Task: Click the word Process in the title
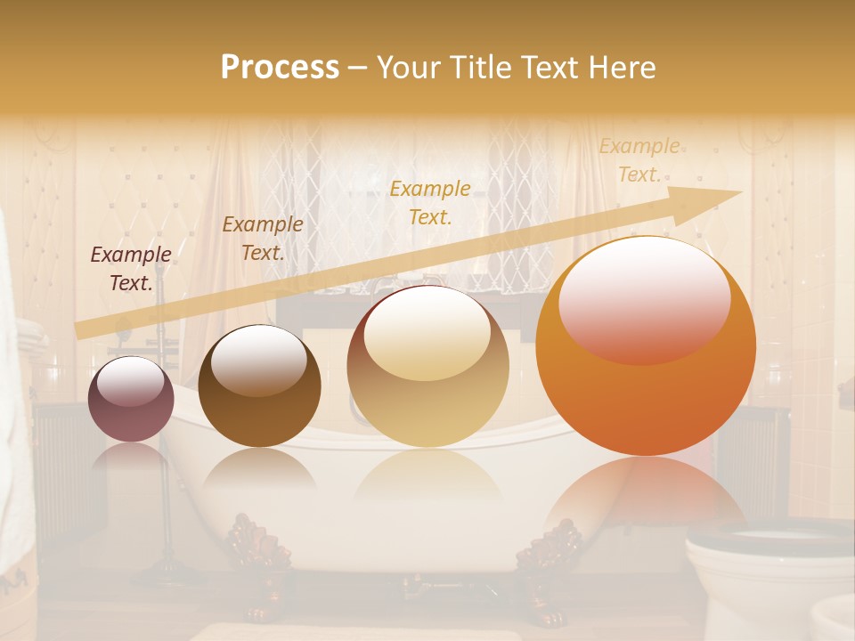tap(280, 68)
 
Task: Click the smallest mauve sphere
tap(130, 399)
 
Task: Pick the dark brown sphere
tap(259, 386)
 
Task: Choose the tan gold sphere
tap(427, 366)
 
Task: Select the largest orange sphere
tap(646, 346)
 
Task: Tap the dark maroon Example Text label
tap(130, 269)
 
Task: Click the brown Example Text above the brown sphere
tap(262, 239)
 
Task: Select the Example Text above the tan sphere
tap(430, 202)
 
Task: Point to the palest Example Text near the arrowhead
tap(639, 160)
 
